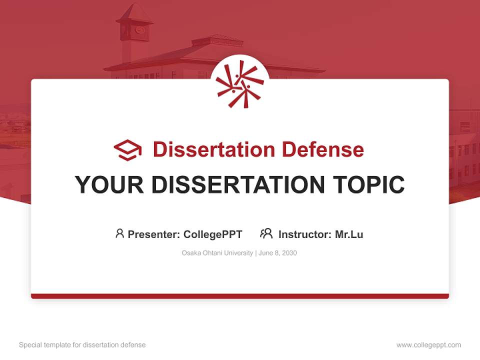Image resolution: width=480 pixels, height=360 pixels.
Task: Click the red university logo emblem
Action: point(240,83)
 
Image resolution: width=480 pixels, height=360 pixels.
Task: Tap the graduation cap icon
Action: point(127,149)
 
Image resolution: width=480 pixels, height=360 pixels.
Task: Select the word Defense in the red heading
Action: point(322,149)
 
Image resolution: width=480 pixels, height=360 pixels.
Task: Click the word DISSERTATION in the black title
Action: point(237,185)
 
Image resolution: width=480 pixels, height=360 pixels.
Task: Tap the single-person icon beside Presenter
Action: point(119,233)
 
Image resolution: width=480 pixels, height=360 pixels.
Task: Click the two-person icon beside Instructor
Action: point(266,233)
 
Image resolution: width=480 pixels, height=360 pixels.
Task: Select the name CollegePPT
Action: point(213,234)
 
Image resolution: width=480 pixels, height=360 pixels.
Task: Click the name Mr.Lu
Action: point(349,234)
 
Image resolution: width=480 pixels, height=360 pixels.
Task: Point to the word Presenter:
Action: point(154,234)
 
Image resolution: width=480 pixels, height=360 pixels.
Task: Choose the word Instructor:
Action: point(305,234)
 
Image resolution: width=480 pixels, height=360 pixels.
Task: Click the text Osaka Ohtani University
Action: point(217,253)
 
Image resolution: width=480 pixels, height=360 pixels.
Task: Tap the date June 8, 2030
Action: point(278,253)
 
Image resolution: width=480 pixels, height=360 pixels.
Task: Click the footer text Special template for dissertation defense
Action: point(82,345)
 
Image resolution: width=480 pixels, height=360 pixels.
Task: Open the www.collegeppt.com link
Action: point(428,345)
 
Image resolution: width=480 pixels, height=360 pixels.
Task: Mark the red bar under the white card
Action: point(240,296)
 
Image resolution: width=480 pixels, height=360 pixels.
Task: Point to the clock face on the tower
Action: point(139,30)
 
